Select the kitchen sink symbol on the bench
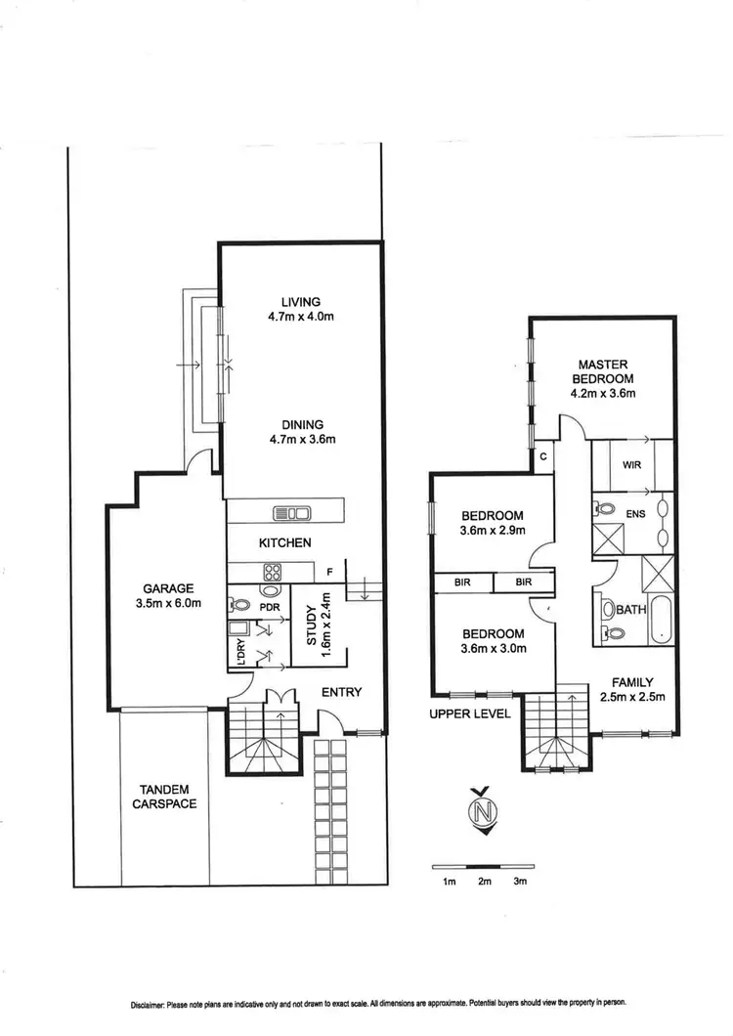(x=292, y=511)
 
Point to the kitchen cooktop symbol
(x=269, y=574)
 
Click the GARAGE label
(x=169, y=588)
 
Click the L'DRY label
(x=237, y=649)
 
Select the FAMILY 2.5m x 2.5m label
(x=632, y=690)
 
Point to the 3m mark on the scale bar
(x=520, y=883)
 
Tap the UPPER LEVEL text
(x=470, y=713)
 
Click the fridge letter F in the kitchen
(x=330, y=571)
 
